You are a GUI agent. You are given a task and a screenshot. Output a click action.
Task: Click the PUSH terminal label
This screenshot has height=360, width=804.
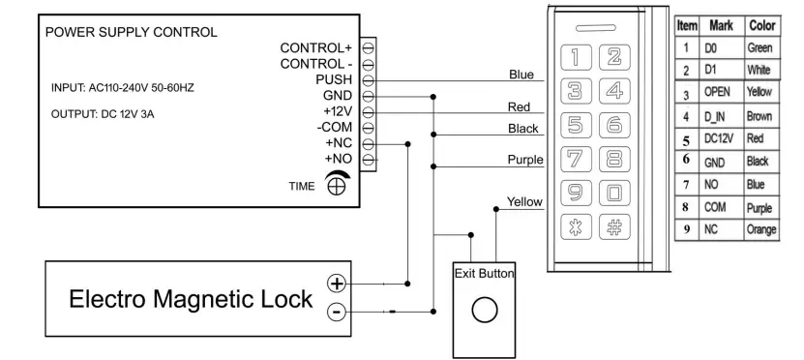tap(333, 79)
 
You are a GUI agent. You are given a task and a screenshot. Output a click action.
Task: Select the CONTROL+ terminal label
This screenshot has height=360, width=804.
tap(315, 47)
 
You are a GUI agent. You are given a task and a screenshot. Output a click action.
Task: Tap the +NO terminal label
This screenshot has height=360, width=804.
tap(338, 158)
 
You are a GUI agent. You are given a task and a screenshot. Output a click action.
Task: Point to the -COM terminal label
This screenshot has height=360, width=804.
tap(334, 127)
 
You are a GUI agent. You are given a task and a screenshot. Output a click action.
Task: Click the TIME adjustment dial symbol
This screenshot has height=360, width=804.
tap(337, 183)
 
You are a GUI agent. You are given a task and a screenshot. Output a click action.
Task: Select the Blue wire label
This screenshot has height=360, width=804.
tap(521, 75)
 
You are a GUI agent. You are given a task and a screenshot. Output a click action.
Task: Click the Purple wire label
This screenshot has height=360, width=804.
tap(524, 160)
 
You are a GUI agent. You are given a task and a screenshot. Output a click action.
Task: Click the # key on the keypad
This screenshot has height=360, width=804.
tap(612, 229)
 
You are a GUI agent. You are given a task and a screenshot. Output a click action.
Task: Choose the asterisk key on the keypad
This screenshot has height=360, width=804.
tap(577, 229)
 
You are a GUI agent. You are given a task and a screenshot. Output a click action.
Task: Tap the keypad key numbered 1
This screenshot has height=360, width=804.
tap(577, 59)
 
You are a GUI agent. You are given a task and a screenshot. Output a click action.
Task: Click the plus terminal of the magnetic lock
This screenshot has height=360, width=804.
tap(336, 284)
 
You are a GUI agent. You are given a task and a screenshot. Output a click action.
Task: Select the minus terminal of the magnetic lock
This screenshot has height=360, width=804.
tap(336, 312)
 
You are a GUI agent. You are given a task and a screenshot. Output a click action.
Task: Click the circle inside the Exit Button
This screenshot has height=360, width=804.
tap(484, 311)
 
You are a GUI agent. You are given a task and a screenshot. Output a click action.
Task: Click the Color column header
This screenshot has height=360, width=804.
tap(760, 26)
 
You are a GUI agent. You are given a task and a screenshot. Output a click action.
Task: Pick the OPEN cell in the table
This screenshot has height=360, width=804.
tap(716, 94)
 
